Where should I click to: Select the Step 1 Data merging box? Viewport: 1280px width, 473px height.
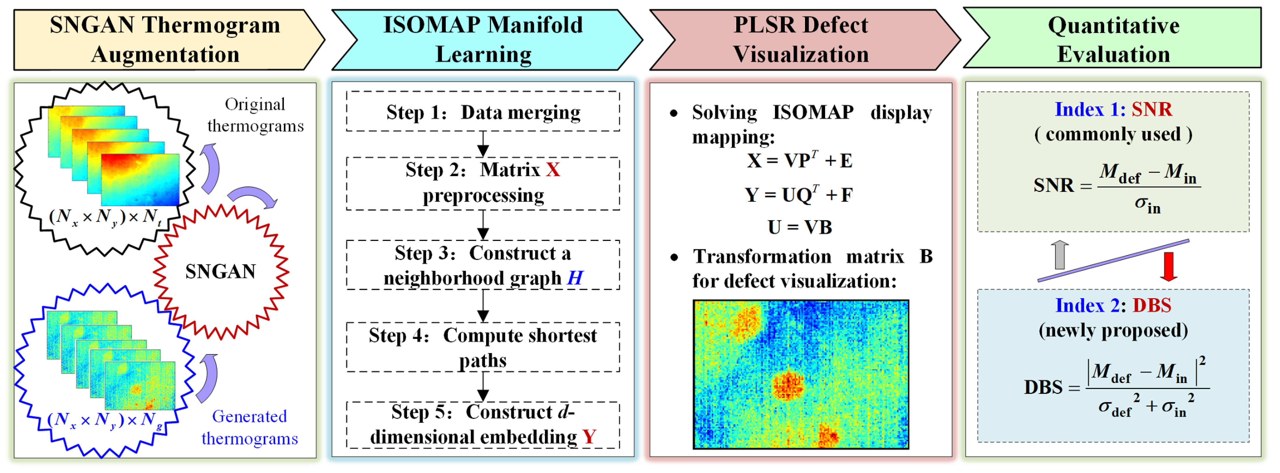(483, 112)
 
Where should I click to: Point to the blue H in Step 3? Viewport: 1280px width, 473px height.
(575, 278)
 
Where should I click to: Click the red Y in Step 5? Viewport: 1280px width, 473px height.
(589, 437)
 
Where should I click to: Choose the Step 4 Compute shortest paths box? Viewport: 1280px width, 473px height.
(483, 348)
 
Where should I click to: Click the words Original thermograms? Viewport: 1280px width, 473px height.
(255, 115)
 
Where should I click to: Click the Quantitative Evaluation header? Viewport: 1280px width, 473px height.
(1113, 39)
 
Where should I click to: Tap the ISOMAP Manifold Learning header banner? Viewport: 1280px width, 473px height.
(483, 39)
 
